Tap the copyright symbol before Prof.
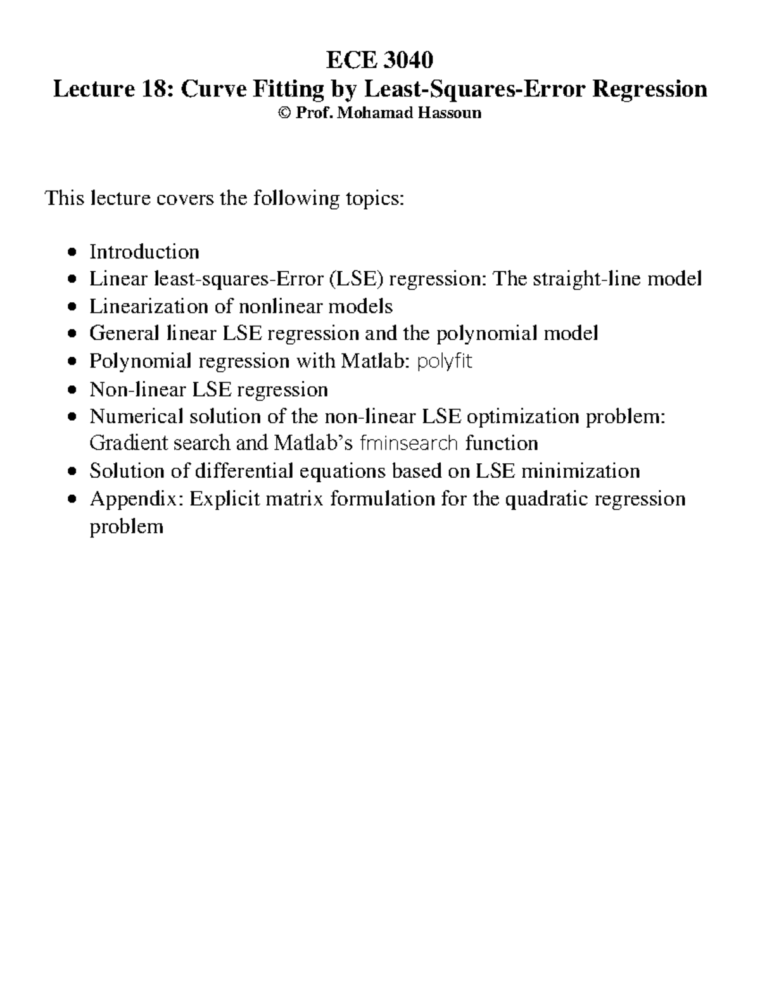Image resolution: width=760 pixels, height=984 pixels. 283,113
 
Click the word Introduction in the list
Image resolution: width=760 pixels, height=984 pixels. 144,252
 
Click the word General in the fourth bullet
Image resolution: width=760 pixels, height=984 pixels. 124,333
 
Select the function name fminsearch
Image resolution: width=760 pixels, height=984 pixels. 408,443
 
